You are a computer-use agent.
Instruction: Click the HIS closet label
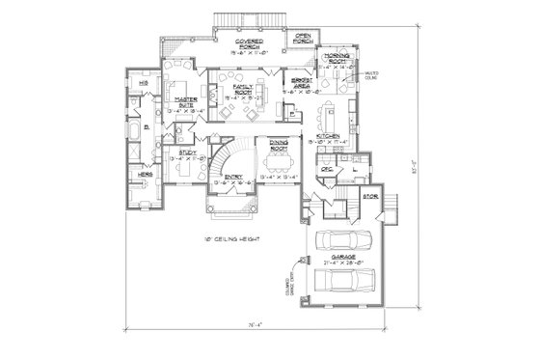[143, 83]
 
